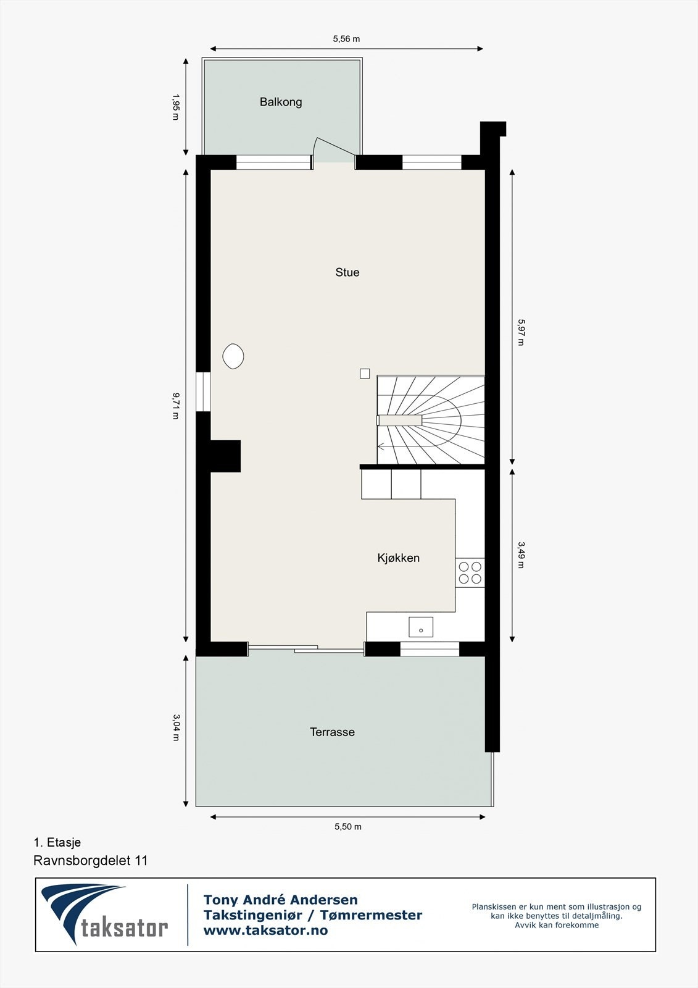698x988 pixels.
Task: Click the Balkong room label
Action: tap(281, 102)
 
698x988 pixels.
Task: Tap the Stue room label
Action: tap(347, 272)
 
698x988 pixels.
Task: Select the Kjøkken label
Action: tap(399, 558)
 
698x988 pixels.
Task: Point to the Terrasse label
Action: tap(332, 732)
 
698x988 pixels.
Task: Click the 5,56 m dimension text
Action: tap(346, 39)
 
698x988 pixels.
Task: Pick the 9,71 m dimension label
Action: tap(176, 406)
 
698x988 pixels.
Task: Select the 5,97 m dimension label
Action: tap(521, 332)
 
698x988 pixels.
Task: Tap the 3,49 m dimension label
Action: tap(521, 555)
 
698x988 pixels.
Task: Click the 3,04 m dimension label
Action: tap(176, 727)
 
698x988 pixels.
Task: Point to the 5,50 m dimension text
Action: tap(348, 827)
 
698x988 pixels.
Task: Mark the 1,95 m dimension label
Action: tap(176, 107)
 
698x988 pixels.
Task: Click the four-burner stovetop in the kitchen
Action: tap(470, 573)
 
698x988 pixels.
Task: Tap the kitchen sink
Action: tap(421, 627)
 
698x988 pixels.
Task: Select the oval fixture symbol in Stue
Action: tap(233, 356)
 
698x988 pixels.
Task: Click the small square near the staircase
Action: tap(365, 374)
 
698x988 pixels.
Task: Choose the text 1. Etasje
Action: tap(57, 842)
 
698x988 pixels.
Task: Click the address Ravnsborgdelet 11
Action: tap(91, 861)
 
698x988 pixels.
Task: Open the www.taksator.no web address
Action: tap(265, 931)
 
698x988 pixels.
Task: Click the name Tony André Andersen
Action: tap(281, 900)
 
